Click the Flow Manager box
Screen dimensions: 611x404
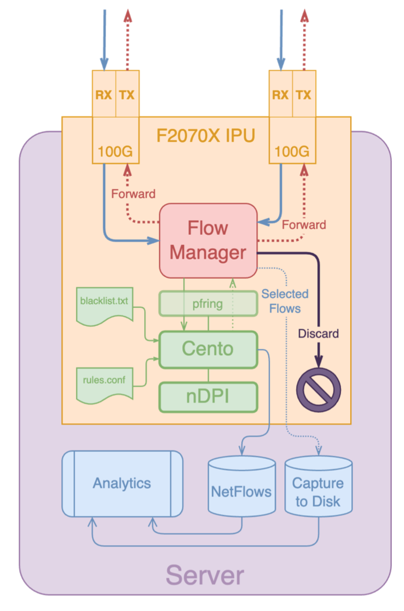(208, 240)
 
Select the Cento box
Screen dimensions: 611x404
(208, 349)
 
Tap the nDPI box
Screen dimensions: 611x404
(208, 397)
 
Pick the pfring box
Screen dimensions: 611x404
(208, 304)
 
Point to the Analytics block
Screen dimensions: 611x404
(122, 484)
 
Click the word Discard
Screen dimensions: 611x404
(318, 334)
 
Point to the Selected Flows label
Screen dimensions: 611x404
(284, 301)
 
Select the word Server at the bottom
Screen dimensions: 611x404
(204, 575)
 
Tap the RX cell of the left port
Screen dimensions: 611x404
(104, 95)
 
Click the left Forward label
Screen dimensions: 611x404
(134, 193)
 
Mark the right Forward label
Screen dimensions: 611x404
(304, 224)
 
